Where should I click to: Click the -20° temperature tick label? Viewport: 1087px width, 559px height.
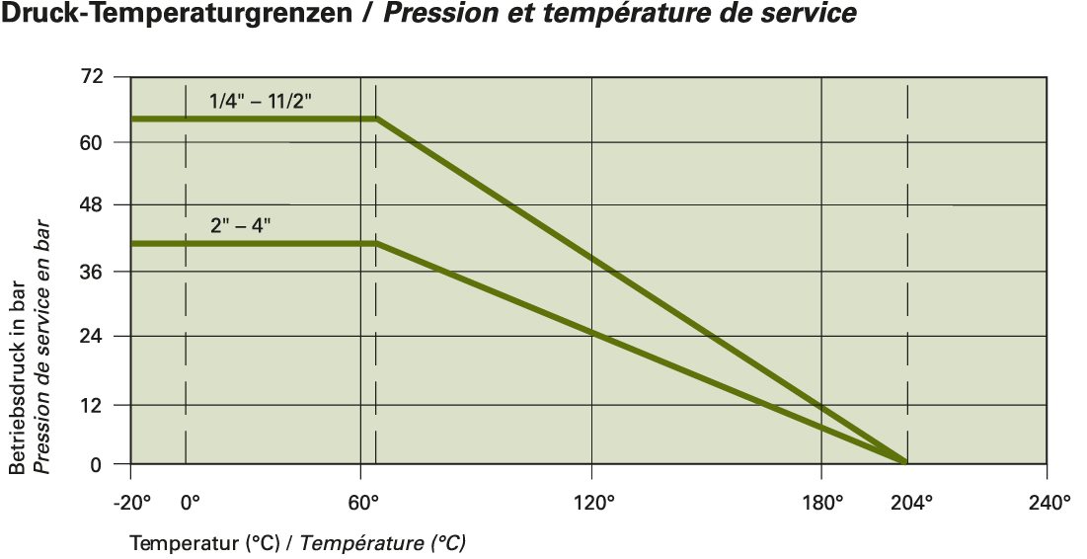(132, 502)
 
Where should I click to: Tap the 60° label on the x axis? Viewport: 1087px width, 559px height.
(363, 502)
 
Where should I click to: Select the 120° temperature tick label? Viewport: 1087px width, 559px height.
(594, 502)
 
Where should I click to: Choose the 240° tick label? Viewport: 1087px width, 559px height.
(1048, 502)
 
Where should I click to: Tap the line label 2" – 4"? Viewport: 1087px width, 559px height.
(240, 224)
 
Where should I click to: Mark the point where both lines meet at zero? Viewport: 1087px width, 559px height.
(906, 462)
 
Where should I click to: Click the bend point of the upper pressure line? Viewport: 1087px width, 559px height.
(377, 119)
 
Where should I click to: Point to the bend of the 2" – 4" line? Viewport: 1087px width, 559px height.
(377, 243)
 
